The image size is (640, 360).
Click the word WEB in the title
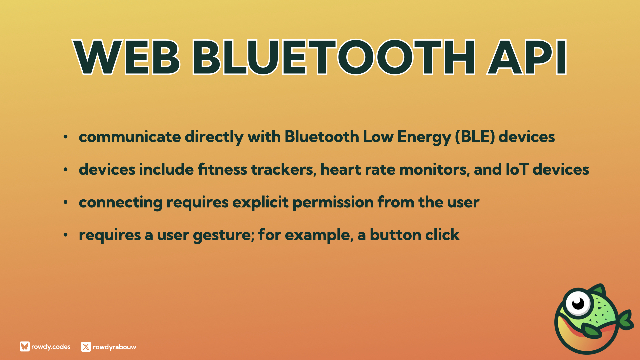pyautogui.click(x=127, y=57)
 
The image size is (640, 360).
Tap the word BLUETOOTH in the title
pyautogui.click(x=334, y=57)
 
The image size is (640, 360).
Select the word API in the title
pyautogui.click(x=527, y=57)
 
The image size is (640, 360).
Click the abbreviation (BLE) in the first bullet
pyautogui.click(x=475, y=137)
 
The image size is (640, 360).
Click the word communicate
pyautogui.click(x=130, y=137)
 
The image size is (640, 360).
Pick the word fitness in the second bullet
pyautogui.click(x=222, y=169)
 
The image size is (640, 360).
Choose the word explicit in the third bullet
pyautogui.click(x=260, y=202)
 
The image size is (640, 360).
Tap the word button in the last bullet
pyautogui.click(x=395, y=235)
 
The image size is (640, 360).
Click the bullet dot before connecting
pyautogui.click(x=66, y=202)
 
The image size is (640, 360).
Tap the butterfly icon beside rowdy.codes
pyautogui.click(x=25, y=347)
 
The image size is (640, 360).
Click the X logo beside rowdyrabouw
pyautogui.click(x=86, y=347)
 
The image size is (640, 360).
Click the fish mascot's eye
pyautogui.click(x=578, y=303)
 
